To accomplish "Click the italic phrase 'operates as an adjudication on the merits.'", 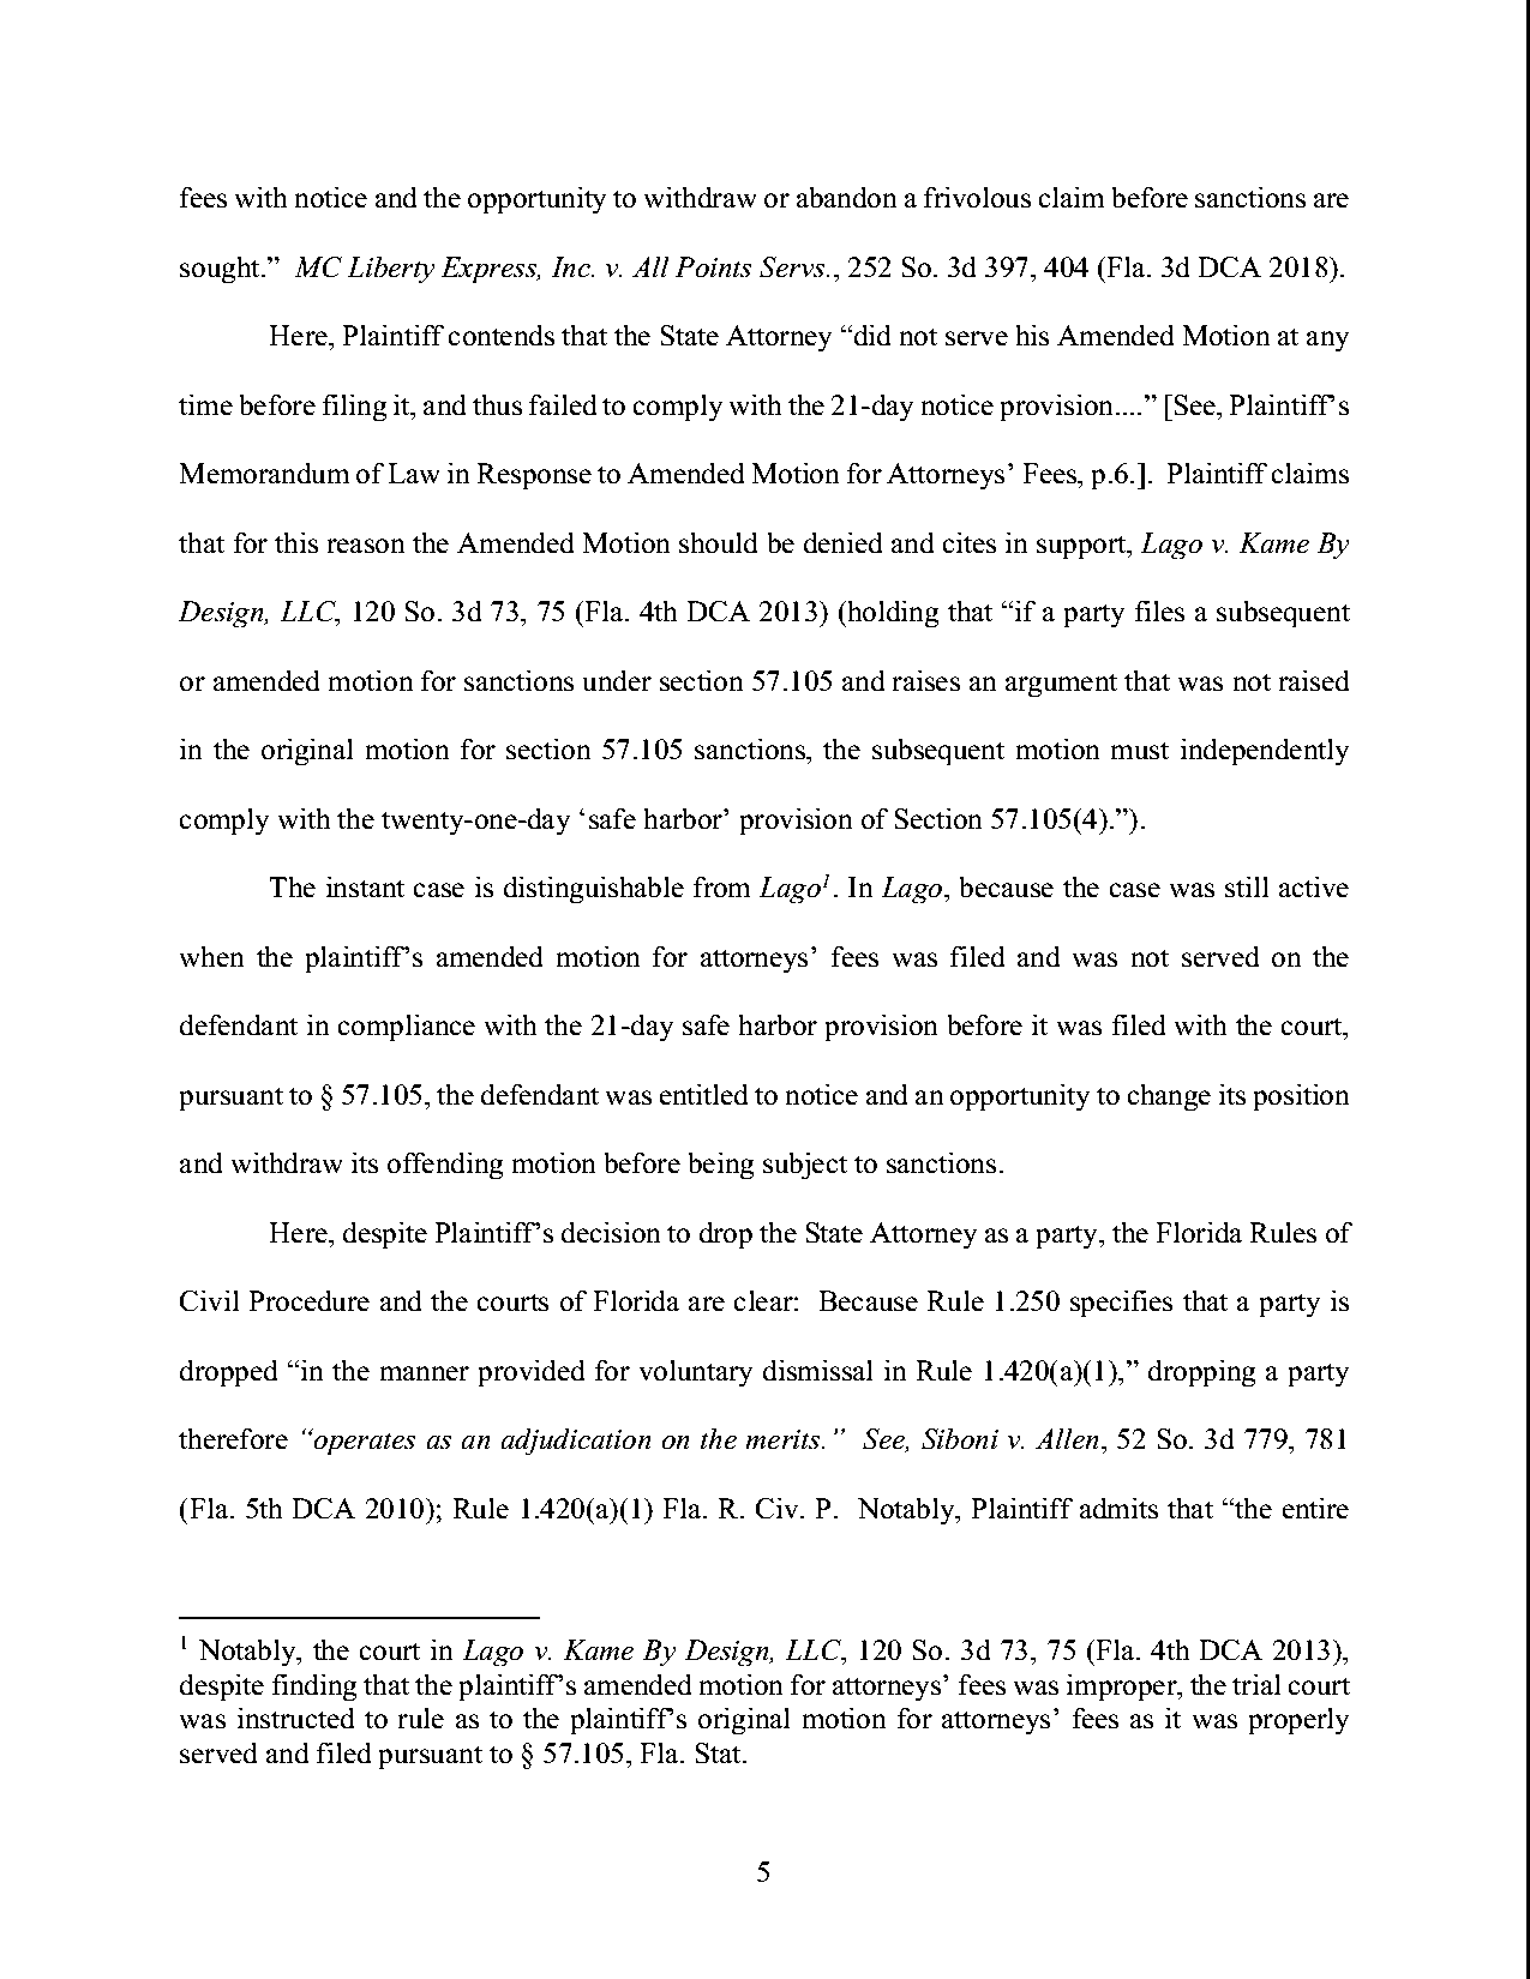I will [573, 1440].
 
